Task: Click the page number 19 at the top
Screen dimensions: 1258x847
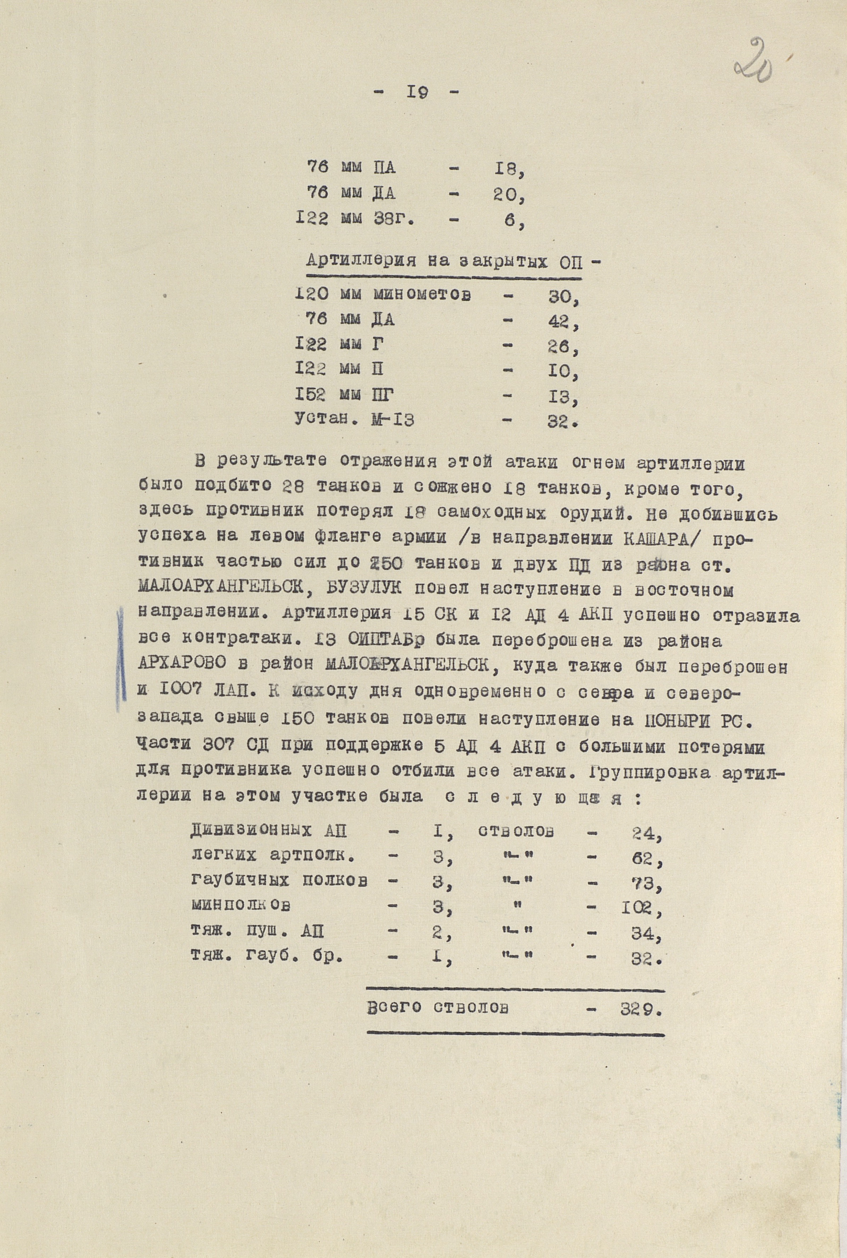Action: (417, 92)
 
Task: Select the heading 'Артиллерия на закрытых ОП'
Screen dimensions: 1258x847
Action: (444, 261)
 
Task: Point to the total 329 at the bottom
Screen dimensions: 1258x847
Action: (639, 1008)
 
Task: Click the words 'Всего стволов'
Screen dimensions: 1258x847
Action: (437, 1008)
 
